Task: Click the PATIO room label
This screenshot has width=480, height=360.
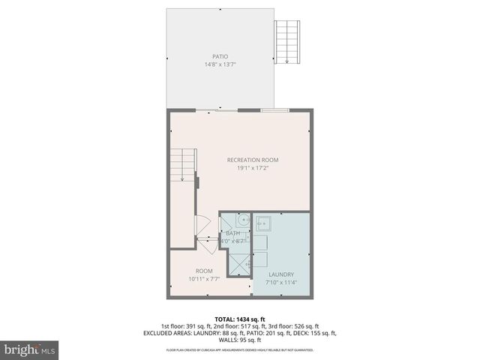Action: click(220, 57)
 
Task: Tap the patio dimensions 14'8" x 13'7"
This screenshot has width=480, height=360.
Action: click(220, 64)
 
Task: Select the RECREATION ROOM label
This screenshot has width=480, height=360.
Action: click(253, 160)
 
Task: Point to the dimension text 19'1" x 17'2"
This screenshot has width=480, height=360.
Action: click(253, 168)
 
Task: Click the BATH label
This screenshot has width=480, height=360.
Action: click(232, 233)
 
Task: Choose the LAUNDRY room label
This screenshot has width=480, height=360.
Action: click(282, 274)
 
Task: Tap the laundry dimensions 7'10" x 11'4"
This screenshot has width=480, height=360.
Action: click(282, 283)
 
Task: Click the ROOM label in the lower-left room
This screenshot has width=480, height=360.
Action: click(204, 271)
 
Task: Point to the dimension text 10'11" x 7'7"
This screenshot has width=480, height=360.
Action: click(204, 279)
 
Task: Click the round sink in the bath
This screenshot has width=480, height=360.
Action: click(243, 221)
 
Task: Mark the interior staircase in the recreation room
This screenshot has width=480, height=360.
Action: click(183, 165)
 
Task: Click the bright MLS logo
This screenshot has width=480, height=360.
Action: click(30, 349)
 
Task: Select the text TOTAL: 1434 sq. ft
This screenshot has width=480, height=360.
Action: click(240, 319)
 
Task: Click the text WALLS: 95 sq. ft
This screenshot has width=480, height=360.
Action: click(240, 340)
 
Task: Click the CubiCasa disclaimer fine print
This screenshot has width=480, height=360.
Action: click(240, 349)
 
